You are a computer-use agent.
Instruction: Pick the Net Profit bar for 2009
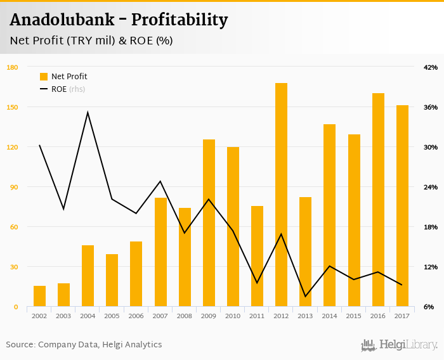[209, 223]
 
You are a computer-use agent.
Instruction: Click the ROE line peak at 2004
[88, 112]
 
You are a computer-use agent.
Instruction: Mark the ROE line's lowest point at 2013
[305, 296]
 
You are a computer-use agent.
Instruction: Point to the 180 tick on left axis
[12, 67]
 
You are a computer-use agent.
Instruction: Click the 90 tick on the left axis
[12, 187]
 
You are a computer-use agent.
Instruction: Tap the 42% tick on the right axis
[431, 67]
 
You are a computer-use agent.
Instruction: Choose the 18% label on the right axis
[431, 227]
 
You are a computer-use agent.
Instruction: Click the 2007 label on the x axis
[160, 316]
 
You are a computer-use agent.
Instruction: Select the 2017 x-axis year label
[402, 316]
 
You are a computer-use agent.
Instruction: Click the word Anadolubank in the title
[62, 20]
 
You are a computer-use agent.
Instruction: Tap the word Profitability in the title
[180, 20]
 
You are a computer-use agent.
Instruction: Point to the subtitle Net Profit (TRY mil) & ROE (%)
[91, 41]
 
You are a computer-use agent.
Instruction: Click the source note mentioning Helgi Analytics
[84, 345]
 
